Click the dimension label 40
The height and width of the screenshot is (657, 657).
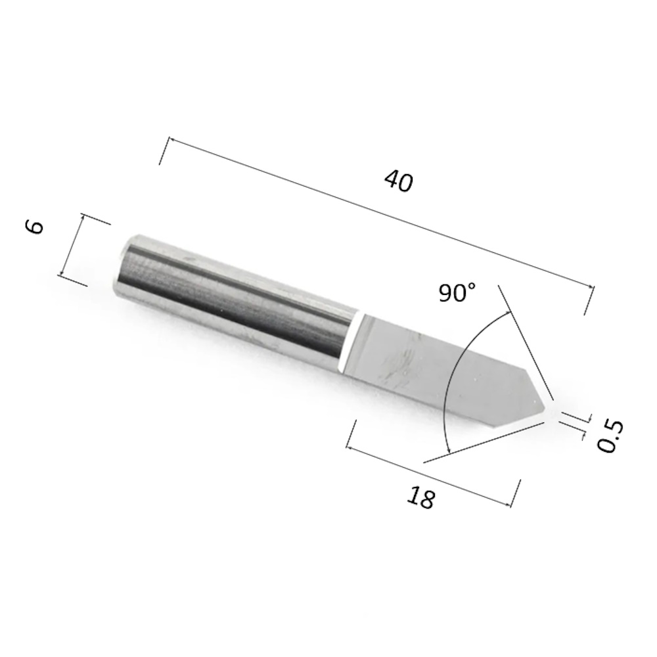(399, 181)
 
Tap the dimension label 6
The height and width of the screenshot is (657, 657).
(35, 227)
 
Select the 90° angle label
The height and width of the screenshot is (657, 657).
(457, 292)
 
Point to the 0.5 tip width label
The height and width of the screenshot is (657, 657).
(610, 437)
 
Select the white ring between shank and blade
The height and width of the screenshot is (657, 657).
(350, 341)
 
